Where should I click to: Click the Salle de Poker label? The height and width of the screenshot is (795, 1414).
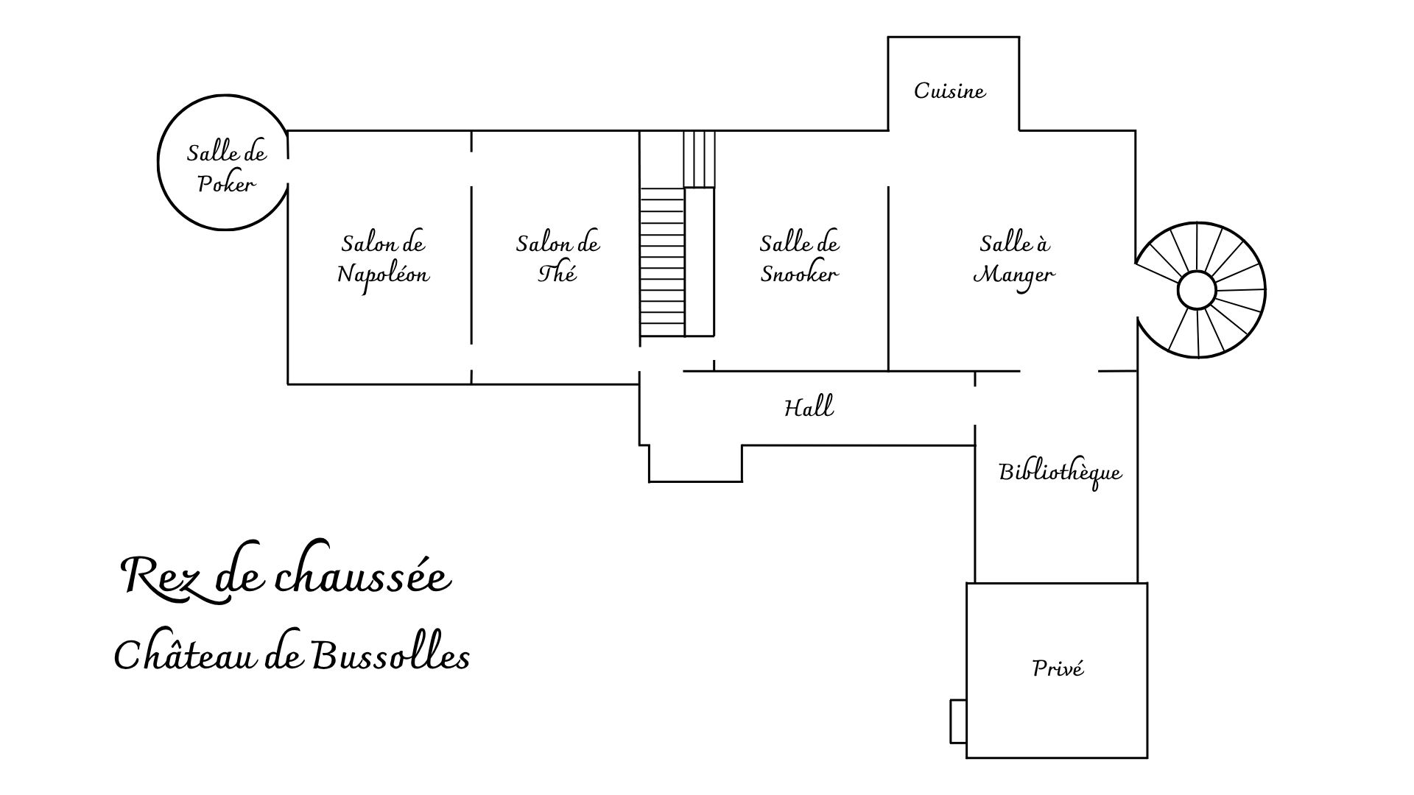pos(226,169)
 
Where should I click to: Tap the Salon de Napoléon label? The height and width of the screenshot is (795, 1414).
pos(383,259)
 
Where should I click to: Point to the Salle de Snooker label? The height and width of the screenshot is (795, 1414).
pos(799,259)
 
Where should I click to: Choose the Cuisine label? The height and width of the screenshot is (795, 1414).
pos(949,91)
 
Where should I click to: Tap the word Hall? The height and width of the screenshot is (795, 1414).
pos(809,406)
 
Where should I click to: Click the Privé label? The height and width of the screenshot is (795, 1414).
pos(1058,668)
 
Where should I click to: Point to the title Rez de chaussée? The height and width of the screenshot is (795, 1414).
pos(285,576)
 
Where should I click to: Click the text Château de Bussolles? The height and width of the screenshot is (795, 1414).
pos(292,654)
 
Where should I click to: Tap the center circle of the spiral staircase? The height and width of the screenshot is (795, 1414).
pos(1197,291)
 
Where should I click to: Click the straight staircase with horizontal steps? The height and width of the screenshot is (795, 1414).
pos(662,262)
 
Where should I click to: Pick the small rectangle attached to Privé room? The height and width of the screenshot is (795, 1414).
pos(958,721)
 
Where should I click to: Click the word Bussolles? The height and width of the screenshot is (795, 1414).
pos(390,654)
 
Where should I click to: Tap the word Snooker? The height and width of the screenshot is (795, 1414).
pos(799,275)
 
